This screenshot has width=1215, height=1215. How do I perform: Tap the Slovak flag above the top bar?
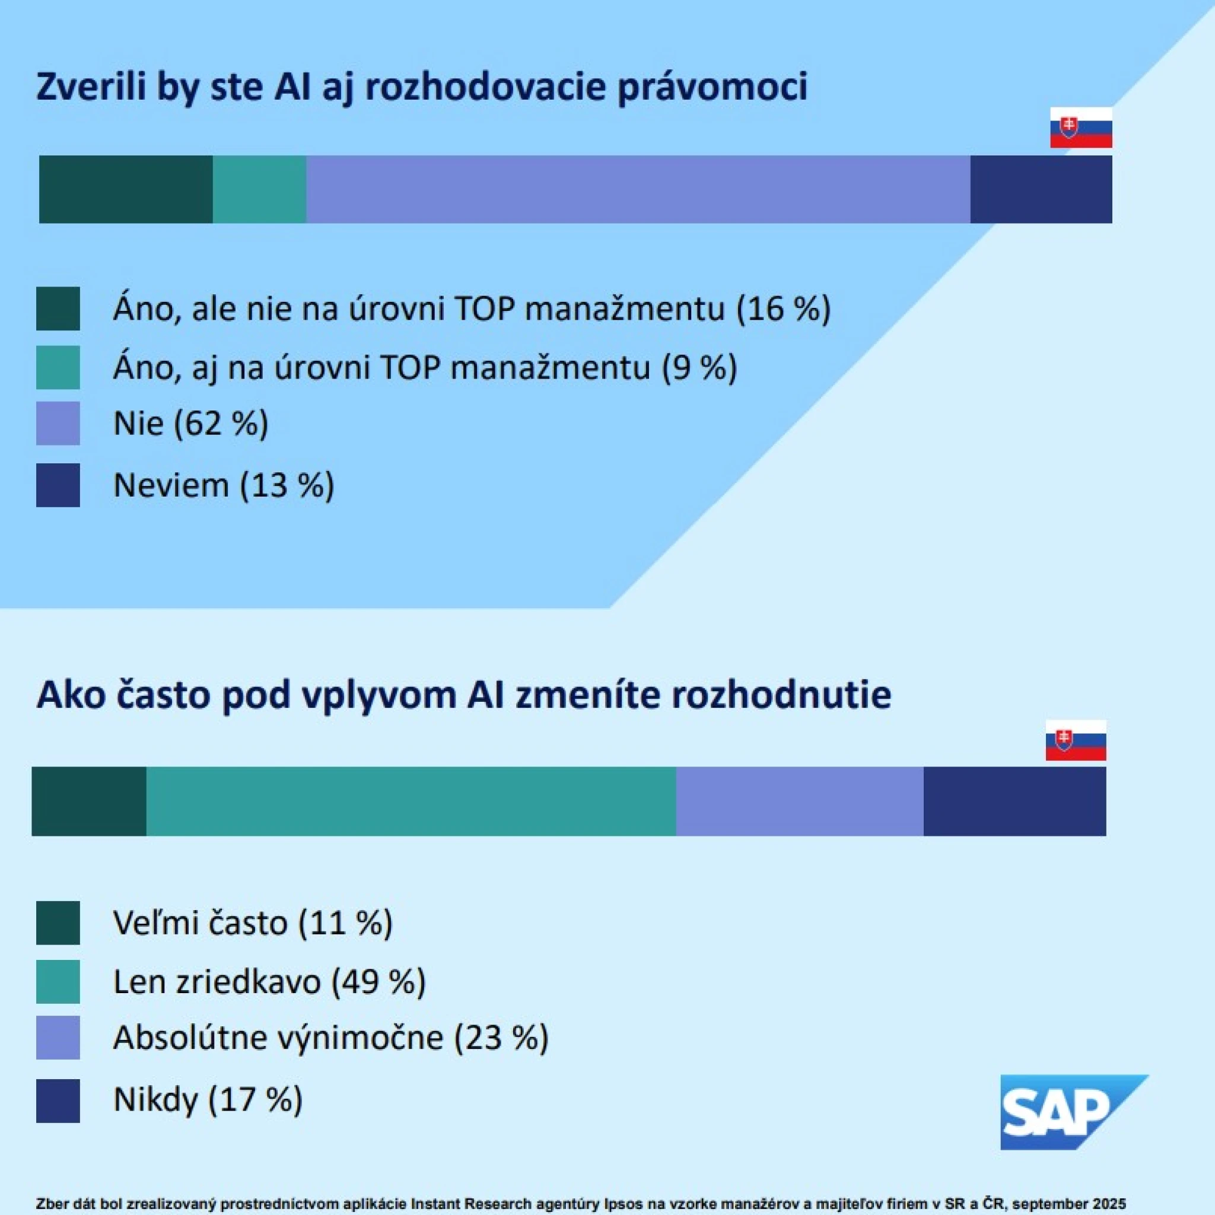point(1081,128)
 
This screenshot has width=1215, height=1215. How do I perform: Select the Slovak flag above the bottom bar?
point(1076,740)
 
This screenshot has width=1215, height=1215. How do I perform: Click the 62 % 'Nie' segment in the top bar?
point(638,189)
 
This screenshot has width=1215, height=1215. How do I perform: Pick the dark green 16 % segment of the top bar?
point(126,189)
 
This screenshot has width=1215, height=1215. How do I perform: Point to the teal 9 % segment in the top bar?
point(259,189)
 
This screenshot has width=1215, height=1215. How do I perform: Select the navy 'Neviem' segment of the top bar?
point(1041,189)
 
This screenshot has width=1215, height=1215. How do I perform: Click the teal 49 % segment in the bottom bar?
point(411,801)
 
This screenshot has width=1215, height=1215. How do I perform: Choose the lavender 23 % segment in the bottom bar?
point(799,801)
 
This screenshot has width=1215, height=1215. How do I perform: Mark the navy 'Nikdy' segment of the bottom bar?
point(1014,801)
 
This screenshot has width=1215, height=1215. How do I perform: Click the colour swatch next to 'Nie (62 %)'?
point(58,423)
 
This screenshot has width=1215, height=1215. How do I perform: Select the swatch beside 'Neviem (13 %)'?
point(58,485)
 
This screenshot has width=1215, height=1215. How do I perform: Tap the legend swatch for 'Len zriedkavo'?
point(58,982)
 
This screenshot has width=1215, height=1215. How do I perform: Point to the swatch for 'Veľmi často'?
point(58,923)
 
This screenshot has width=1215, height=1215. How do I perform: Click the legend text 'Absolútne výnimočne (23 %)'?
point(331,1038)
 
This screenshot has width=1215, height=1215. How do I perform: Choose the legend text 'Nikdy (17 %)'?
point(208,1099)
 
